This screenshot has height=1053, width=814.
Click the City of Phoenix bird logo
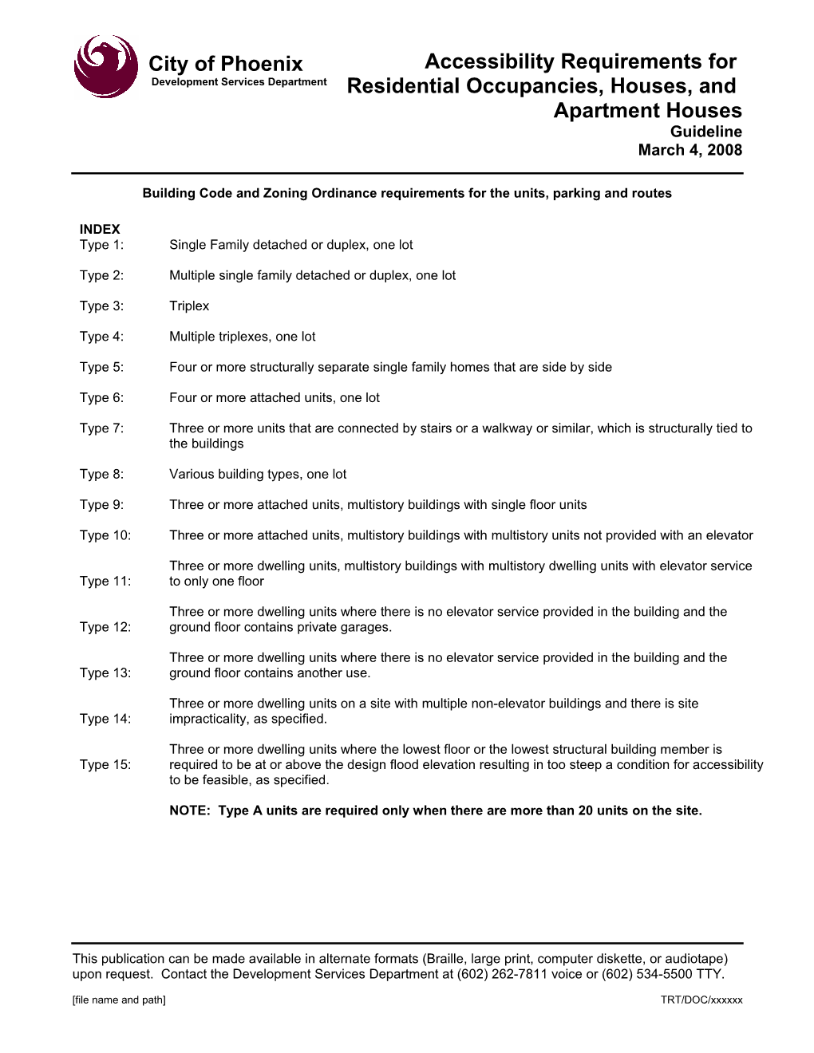(105, 66)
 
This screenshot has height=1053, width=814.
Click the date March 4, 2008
(690, 150)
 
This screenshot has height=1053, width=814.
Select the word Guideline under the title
(705, 132)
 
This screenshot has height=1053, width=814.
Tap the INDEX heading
(100, 229)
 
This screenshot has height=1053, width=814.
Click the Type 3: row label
(101, 306)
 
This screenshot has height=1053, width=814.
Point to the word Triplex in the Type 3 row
(189, 306)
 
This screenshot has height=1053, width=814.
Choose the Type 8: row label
(101, 475)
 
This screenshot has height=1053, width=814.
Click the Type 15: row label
(105, 765)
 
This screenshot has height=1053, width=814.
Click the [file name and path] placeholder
(119, 1000)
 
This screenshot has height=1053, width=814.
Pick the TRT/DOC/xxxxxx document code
(701, 1000)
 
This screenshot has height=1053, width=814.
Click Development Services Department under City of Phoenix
(239, 82)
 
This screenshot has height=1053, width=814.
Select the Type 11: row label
(105, 582)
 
